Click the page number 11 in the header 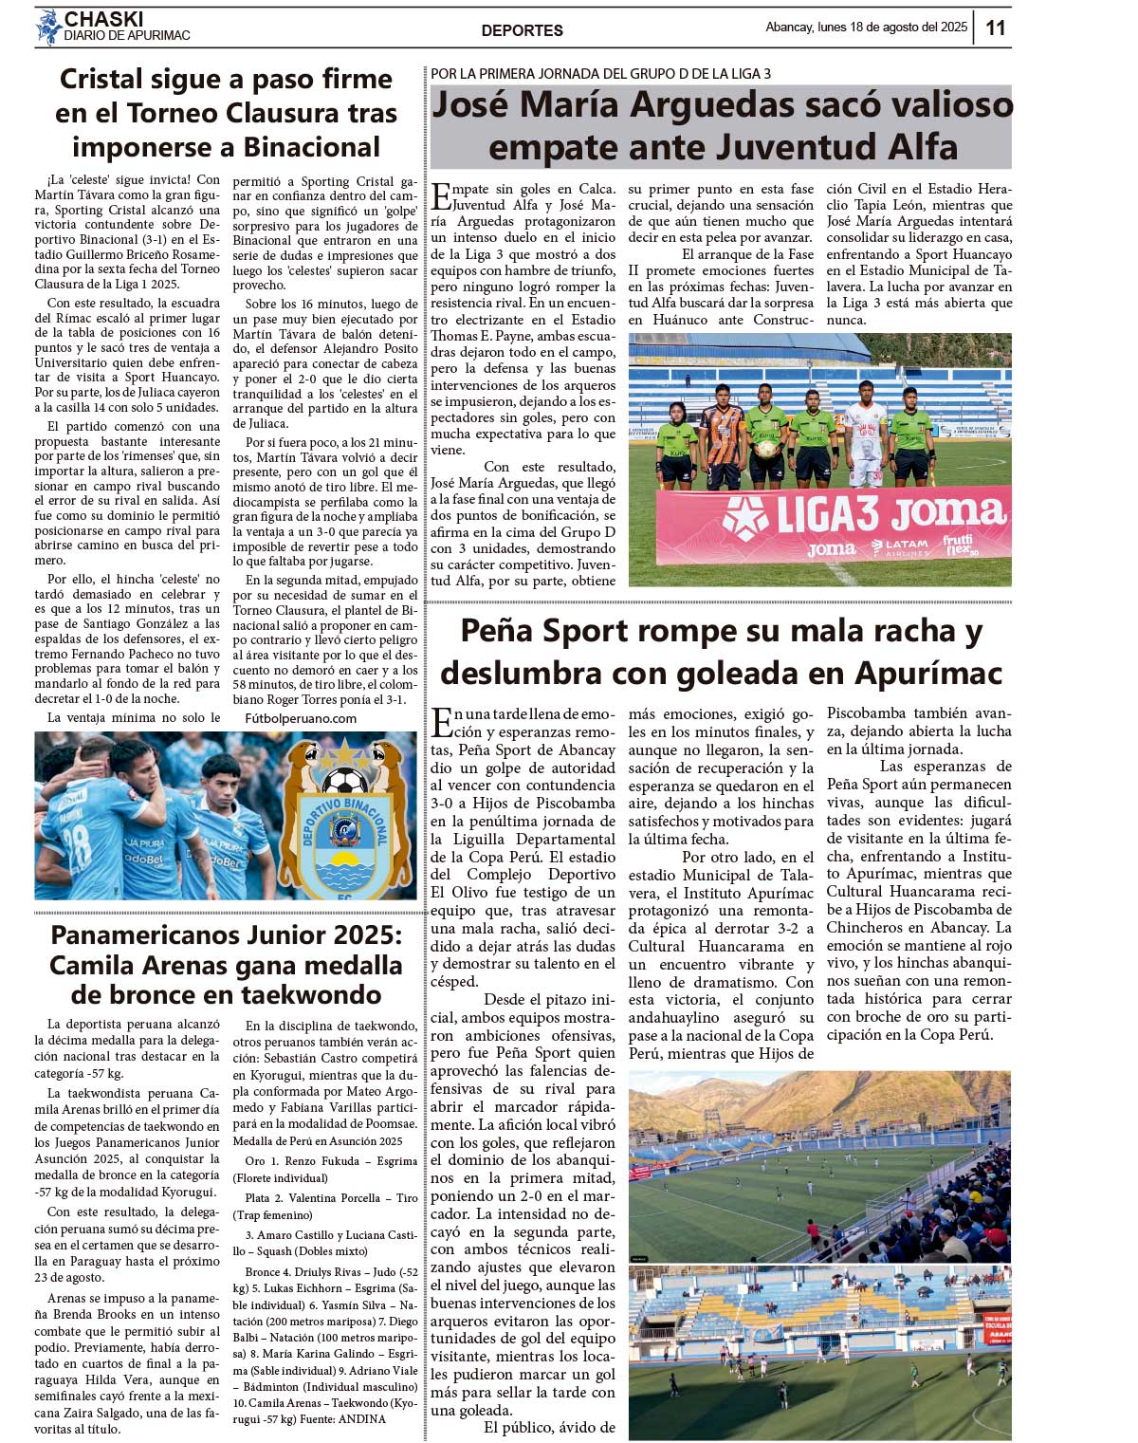pyautogui.click(x=995, y=28)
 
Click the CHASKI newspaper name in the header pyautogui.click(x=103, y=19)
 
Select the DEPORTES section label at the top pyautogui.click(x=522, y=30)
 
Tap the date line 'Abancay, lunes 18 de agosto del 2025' pyautogui.click(x=866, y=28)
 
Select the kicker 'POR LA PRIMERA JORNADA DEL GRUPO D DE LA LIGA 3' pyautogui.click(x=600, y=73)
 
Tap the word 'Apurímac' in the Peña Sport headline pyautogui.click(x=928, y=673)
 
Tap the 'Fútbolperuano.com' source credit pyautogui.click(x=301, y=718)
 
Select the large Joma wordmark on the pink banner pyautogui.click(x=948, y=514)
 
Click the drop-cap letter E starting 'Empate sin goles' pyautogui.click(x=440, y=196)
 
